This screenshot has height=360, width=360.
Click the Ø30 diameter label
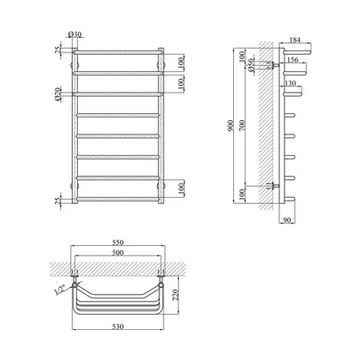[x=75, y=34]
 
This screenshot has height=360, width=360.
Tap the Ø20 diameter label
[x=57, y=94]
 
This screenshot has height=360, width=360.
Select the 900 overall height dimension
[x=231, y=125]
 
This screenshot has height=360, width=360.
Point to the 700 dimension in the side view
[x=243, y=125]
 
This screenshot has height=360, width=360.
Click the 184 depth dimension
[x=295, y=40]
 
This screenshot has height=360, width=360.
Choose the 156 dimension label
[x=292, y=59]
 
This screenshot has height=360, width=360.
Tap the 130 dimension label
[x=291, y=83]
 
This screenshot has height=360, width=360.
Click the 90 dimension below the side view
[x=287, y=219]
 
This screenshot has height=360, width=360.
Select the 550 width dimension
[x=117, y=243]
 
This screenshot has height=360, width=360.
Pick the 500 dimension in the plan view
[x=117, y=253]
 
